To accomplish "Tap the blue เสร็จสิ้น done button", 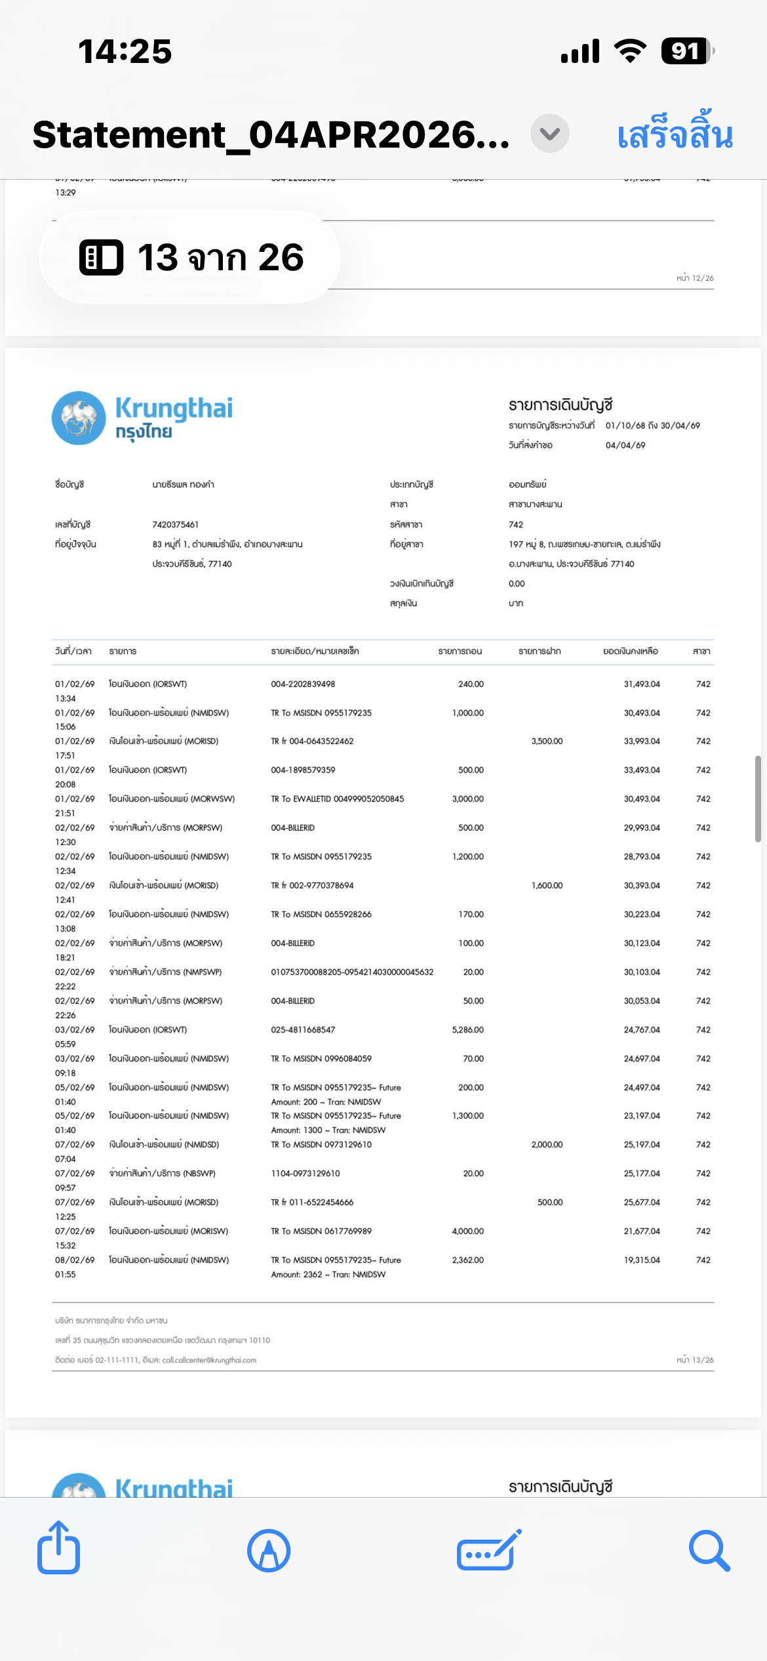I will pos(675,134).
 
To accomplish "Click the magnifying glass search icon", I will pos(709,1550).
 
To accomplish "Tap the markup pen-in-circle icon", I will pos(269,1550).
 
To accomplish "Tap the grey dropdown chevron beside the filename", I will pos(549,134).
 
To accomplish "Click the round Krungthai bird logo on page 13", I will pos(79,418).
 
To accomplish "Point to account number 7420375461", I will pos(175,525).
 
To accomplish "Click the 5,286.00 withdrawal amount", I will pos(467,1030).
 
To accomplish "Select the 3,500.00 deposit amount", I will pos(547,741).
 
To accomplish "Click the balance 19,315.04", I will pos(642,1260).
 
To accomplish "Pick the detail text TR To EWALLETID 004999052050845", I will pos(338,799).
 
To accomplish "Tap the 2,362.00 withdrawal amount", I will pos(467,1260).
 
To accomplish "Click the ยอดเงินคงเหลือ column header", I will pos(631,651).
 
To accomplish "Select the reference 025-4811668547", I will pos(303,1030).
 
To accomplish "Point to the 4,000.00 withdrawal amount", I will pos(467,1231).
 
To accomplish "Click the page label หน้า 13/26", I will pos(695,1360).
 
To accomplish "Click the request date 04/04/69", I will pos(625,445).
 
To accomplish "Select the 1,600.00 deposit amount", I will pos(547,886).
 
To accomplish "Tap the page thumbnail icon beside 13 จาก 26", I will pos(101,257).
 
